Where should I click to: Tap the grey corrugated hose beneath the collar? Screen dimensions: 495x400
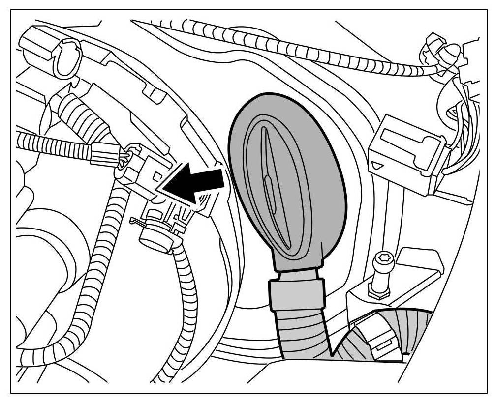tap(300, 334)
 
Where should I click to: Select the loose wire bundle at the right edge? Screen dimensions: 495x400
tap(463, 123)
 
